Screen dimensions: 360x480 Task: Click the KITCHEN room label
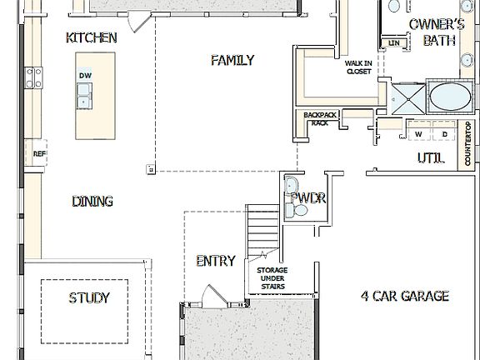pyautogui.click(x=91, y=38)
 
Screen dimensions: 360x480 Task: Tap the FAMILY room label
pyautogui.click(x=232, y=61)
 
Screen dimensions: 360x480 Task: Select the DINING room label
pyautogui.click(x=92, y=202)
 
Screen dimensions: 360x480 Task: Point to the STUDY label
pyautogui.click(x=89, y=297)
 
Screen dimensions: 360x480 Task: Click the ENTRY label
pyautogui.click(x=215, y=261)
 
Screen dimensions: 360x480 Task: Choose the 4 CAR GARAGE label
pyautogui.click(x=405, y=296)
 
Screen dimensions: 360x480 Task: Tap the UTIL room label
pyautogui.click(x=430, y=157)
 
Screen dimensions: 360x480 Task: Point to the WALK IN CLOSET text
pyautogui.click(x=358, y=67)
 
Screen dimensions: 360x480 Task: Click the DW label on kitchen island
pyautogui.click(x=85, y=76)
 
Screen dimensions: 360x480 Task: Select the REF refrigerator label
pyautogui.click(x=38, y=153)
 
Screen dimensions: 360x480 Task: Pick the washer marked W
pyautogui.click(x=419, y=133)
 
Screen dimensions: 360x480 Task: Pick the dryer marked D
pyautogui.click(x=444, y=133)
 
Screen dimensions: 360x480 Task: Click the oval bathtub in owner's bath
pyautogui.click(x=450, y=95)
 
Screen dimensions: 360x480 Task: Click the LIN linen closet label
pyautogui.click(x=394, y=42)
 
